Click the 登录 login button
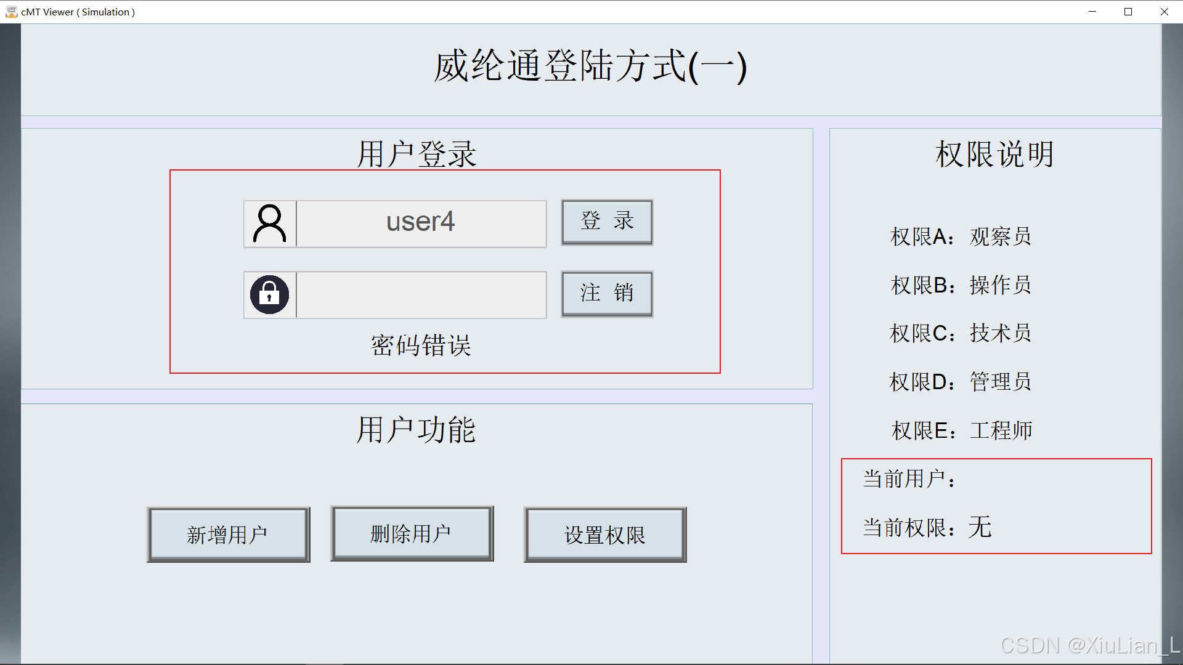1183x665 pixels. point(607,222)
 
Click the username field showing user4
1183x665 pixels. point(421,223)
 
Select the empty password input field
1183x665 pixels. point(421,294)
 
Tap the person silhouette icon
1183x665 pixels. point(270,223)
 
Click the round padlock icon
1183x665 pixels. point(269,294)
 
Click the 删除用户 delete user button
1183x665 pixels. point(412,534)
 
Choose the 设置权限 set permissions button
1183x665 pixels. point(605,534)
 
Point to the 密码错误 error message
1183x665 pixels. point(421,345)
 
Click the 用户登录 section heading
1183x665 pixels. point(417,153)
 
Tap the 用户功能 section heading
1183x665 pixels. point(417,429)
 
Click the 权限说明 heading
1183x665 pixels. point(994,153)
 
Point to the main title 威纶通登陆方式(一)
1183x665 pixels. point(590,66)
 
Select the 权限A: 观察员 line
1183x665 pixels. point(960,236)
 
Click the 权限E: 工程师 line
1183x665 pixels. point(961,430)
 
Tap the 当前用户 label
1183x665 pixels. point(909,478)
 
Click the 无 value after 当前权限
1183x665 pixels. point(980,527)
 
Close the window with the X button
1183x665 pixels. point(1165,12)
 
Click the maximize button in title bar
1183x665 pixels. point(1128,12)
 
